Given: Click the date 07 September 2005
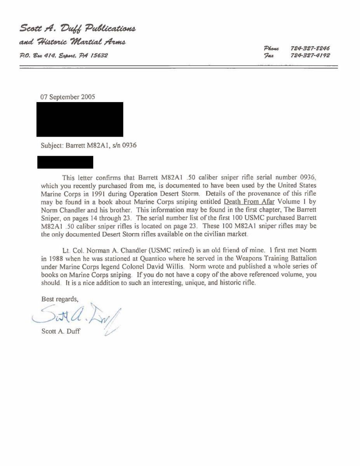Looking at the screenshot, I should click(x=68, y=97).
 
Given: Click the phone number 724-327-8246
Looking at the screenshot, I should click(x=310, y=48).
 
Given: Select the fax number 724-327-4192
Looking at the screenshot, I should click(x=310, y=55).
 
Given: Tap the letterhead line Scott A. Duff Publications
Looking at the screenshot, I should click(x=78, y=28).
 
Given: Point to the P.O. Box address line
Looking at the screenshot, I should click(x=64, y=55).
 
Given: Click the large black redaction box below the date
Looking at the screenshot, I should click(x=80, y=119).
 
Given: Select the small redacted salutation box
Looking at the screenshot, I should click(x=65, y=162).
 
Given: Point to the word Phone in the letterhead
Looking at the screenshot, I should click(x=271, y=48).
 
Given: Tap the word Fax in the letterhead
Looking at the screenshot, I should click(x=269, y=55).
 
